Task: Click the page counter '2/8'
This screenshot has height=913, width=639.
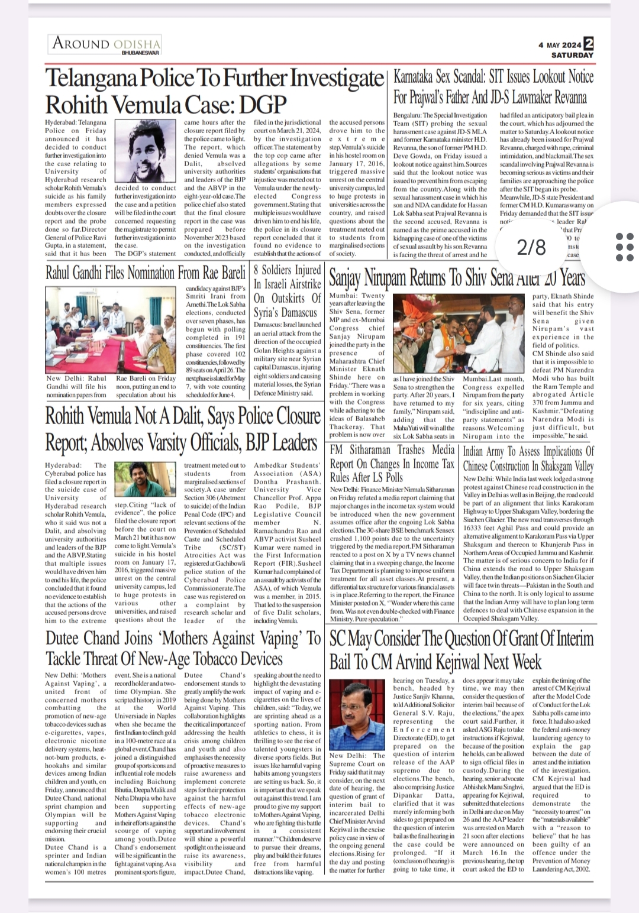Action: click(531, 247)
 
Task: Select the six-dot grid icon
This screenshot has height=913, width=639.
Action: click(624, 246)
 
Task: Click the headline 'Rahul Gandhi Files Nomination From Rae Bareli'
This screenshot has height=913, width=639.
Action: click(146, 273)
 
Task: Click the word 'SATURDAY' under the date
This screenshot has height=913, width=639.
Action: click(572, 55)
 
